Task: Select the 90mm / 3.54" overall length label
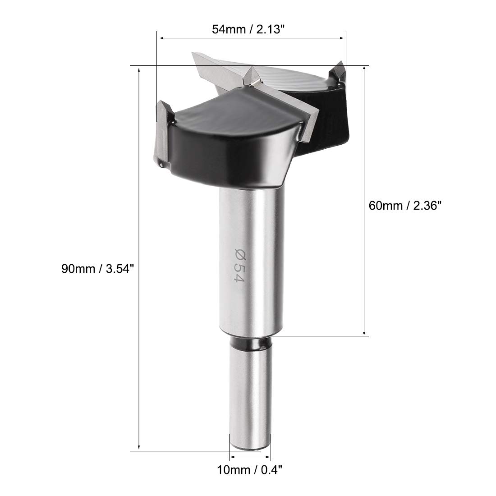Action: click(x=98, y=269)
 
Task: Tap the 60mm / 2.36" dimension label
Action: click(x=405, y=206)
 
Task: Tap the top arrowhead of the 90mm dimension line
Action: click(x=139, y=70)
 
